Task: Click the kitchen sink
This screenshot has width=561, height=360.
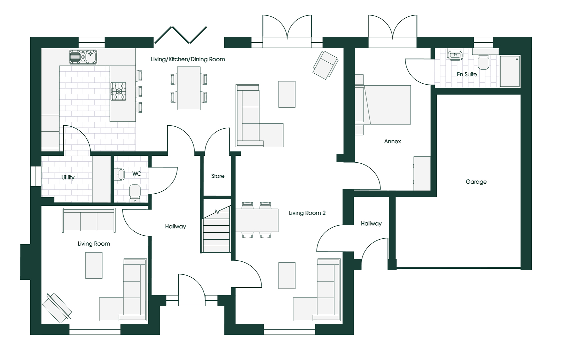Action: [83, 57]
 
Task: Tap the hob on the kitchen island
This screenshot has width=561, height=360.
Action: [119, 91]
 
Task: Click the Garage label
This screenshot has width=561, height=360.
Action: [476, 182]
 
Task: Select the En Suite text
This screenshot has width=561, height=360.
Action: [466, 74]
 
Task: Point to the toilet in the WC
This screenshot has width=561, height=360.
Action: [135, 193]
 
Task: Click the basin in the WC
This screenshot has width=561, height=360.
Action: [120, 174]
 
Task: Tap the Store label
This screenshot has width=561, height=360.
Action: [218, 176]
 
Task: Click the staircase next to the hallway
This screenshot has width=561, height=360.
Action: [217, 233]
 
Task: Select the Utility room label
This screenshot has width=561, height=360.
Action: [68, 177]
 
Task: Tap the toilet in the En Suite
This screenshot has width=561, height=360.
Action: [483, 62]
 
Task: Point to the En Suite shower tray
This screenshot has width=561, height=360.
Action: [510, 71]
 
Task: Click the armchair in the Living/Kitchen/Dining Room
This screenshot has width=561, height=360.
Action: [325, 65]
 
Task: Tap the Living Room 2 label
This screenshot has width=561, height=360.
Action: [307, 213]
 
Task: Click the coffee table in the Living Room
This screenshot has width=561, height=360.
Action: [94, 265]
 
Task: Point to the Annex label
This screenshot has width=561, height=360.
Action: [392, 141]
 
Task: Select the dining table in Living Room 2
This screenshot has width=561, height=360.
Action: [257, 220]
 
